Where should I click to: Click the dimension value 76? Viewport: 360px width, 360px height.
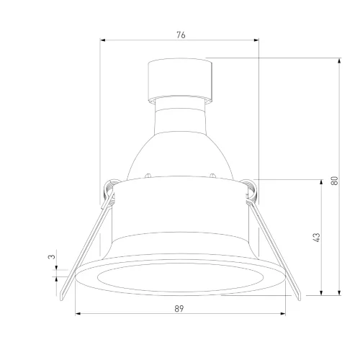[x=181, y=35]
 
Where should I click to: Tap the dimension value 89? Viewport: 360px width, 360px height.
[x=179, y=309]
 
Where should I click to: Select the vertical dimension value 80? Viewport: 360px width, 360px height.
[x=334, y=181]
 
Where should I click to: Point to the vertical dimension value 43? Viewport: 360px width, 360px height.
[x=317, y=238]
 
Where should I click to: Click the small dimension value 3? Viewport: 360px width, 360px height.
[x=52, y=256]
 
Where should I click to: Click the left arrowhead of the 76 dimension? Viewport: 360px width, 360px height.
[x=103, y=40]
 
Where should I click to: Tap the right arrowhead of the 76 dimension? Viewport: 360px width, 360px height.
[x=256, y=40]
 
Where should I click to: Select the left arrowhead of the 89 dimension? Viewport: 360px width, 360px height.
[x=78, y=313]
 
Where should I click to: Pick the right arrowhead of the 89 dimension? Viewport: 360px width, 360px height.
[x=283, y=313]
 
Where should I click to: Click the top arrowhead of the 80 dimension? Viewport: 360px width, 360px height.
[x=339, y=60]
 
